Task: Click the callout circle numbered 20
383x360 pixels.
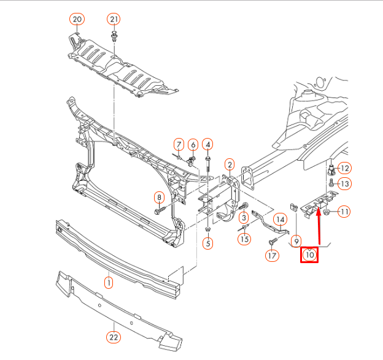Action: (77, 19)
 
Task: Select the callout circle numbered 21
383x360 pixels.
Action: (114, 19)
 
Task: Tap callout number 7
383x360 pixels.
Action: (178, 145)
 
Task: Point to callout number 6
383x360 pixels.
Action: (193, 145)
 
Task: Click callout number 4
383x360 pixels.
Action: (208, 145)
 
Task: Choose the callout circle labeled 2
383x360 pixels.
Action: (229, 164)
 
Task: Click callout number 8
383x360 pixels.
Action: (160, 197)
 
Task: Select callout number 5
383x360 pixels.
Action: (208, 244)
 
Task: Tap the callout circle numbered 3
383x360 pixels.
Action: (244, 218)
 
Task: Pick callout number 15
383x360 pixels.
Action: (245, 239)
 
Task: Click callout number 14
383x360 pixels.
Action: (280, 219)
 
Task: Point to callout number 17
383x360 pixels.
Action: (273, 256)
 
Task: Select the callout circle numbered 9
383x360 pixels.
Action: (296, 240)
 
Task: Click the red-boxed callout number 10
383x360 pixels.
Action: (309, 253)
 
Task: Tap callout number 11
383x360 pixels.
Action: (344, 212)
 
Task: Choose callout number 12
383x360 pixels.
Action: (344, 168)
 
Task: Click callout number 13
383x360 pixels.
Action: (344, 183)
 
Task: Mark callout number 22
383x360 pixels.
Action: (113, 336)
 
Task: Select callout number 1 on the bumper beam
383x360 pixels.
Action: (109, 283)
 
